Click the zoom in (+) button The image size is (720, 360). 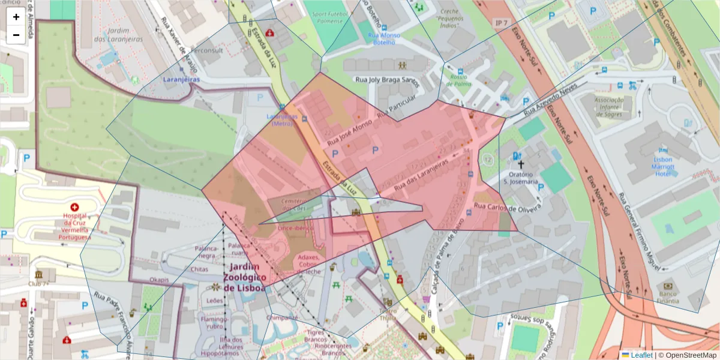pos(16,17)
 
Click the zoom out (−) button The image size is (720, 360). pos(16,35)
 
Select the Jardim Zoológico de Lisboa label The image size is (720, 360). pos(244,277)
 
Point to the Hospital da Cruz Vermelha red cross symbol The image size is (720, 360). pos(74,206)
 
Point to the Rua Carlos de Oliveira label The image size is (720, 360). pos(508,207)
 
